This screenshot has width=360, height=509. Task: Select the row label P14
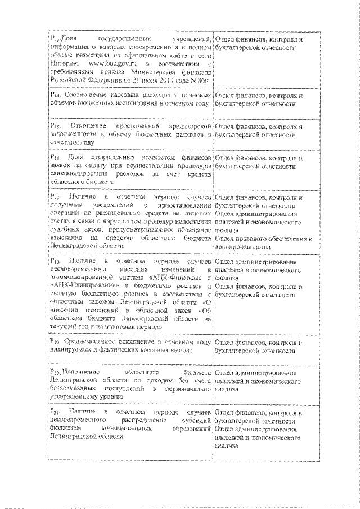click(55, 96)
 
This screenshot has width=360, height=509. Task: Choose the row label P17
click(55, 198)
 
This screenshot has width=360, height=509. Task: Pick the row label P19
click(55, 341)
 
